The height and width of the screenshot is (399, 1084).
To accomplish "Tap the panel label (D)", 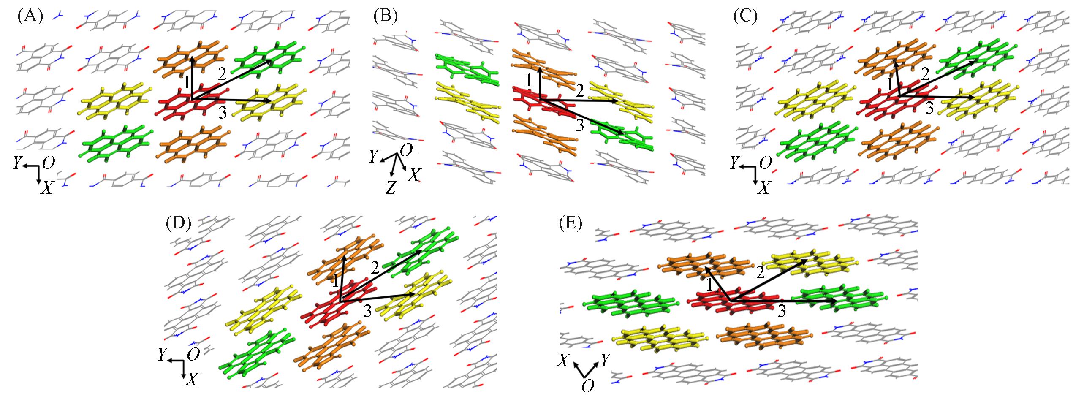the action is pos(179,224).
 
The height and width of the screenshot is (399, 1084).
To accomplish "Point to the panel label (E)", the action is pos(570,224).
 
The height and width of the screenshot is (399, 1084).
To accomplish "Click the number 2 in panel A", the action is pos(223,75).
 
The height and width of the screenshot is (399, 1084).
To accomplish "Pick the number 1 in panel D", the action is pos(336,281).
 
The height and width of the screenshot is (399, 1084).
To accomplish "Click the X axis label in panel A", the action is pos(46,189).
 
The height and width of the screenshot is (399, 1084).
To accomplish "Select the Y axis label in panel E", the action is pos(605,360).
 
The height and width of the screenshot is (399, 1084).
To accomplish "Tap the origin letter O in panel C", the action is pos(765,163).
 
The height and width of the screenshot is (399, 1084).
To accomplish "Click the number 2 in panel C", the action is pos(925,75).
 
